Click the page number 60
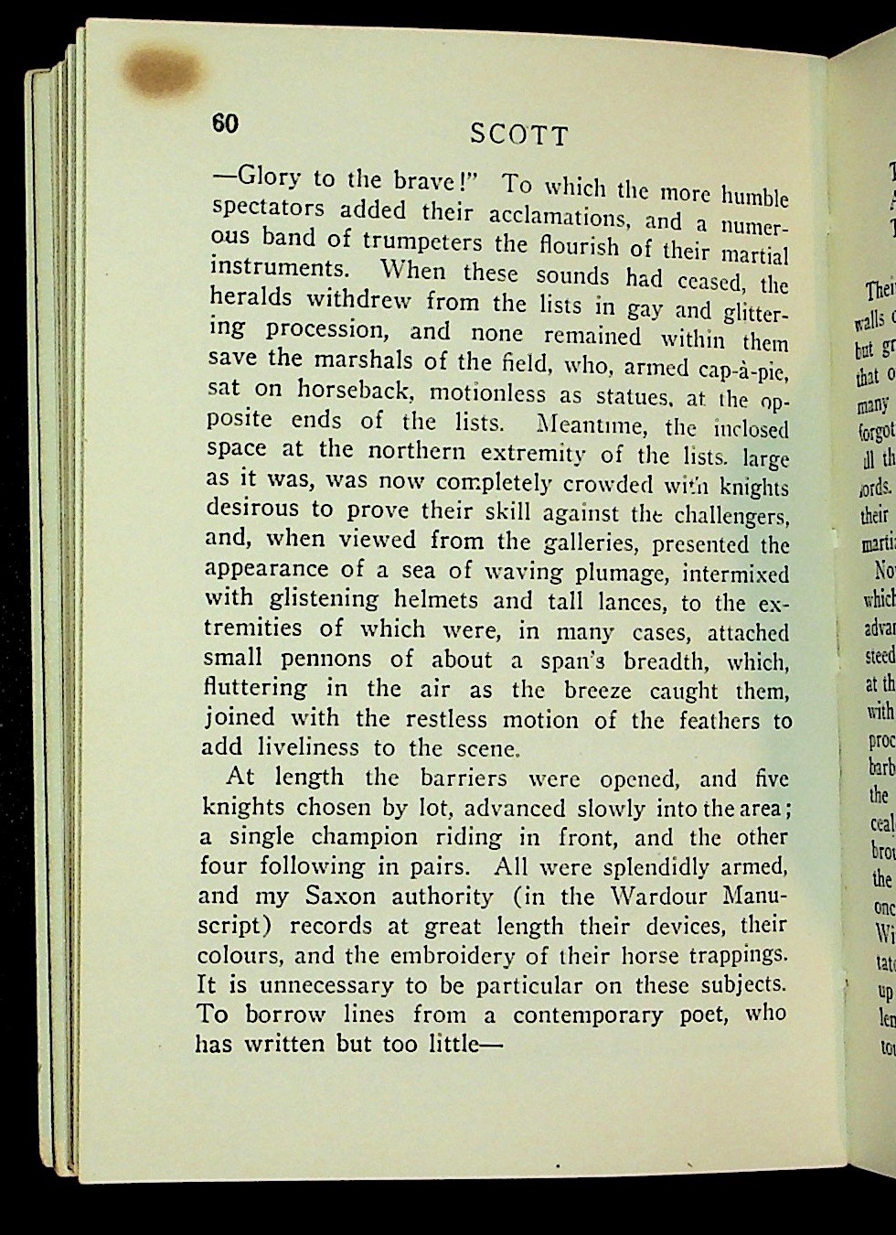pyautogui.click(x=225, y=124)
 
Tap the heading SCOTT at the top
pyautogui.click(x=518, y=136)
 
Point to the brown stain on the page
pyautogui.click(x=162, y=72)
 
